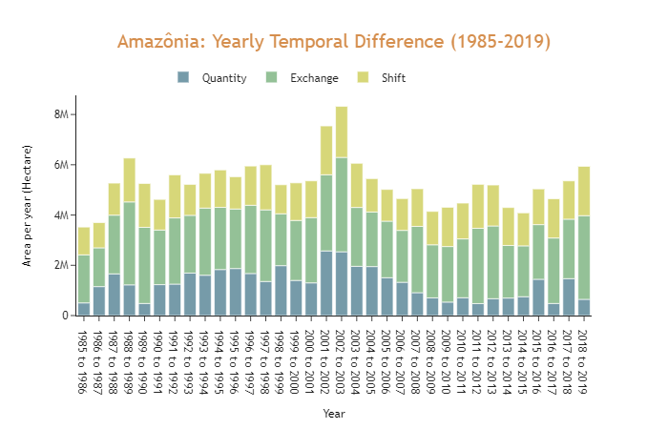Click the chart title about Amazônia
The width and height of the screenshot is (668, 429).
click(334, 42)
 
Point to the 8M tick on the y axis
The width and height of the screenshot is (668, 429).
click(58, 114)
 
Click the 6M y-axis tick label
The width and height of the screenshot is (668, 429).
click(58, 165)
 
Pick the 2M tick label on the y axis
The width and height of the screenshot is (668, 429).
click(58, 265)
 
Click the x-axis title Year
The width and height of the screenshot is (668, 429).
click(334, 414)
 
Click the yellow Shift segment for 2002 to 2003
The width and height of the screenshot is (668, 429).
click(342, 132)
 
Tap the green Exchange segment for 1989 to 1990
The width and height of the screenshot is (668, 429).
click(144, 265)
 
